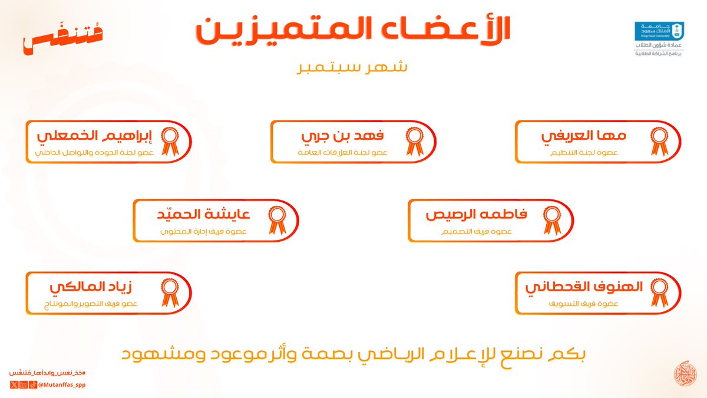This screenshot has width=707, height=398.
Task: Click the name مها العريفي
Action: tap(583, 136)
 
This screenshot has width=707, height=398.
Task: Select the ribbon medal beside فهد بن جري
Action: tap(414, 142)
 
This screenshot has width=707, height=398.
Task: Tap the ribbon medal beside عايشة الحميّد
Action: tap(276, 221)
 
